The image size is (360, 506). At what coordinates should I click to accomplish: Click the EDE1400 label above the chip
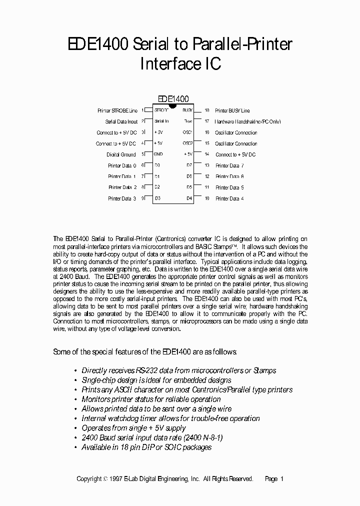tap(173, 99)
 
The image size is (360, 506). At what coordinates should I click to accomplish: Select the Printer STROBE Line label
tap(117, 110)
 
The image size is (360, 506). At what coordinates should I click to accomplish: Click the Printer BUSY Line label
tap(232, 110)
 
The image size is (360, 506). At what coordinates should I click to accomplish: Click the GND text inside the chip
tap(158, 154)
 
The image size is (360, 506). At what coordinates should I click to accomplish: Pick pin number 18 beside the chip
tap(206, 110)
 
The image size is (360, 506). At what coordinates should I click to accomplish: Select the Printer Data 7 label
tap(229, 165)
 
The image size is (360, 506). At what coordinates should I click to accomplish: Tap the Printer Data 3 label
tap(121, 198)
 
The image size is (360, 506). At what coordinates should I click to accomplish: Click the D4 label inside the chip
tap(189, 198)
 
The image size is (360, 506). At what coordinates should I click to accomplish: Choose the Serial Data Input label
tap(121, 121)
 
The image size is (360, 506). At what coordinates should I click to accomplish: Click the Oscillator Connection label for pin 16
tap(236, 132)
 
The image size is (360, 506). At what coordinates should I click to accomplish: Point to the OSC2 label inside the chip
tap(187, 143)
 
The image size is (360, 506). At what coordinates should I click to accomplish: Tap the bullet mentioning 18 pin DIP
tap(146, 447)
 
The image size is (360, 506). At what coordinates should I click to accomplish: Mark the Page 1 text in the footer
tap(274, 478)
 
